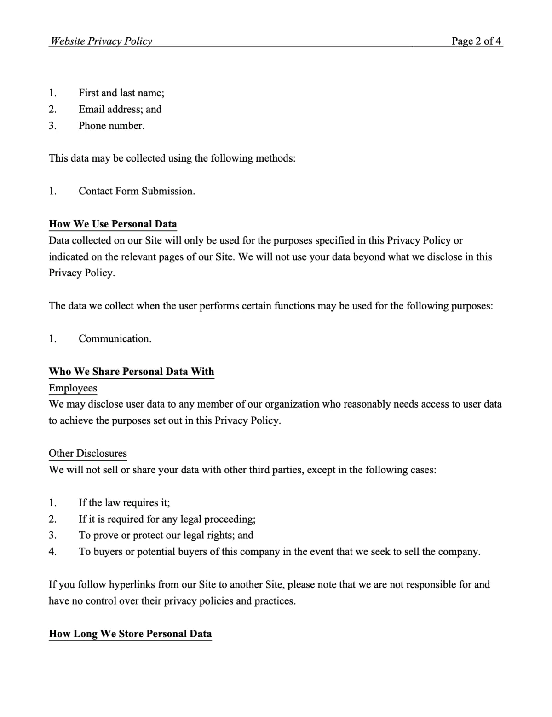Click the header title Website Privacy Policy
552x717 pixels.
coord(101,41)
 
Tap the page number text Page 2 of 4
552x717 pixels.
coord(476,41)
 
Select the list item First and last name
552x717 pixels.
coord(121,93)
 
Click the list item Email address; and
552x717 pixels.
coord(120,109)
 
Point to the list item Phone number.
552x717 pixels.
coord(111,126)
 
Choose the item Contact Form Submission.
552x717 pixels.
coord(137,191)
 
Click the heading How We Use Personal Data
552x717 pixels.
coord(113,224)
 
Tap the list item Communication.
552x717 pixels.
coord(115,339)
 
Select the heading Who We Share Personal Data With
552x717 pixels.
coord(132,372)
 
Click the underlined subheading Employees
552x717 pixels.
coord(73,388)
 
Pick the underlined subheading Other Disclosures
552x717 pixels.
coord(88,454)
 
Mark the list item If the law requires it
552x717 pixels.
coord(124,503)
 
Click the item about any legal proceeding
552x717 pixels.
coord(167,519)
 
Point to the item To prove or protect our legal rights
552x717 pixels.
coord(166,535)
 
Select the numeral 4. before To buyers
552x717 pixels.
coord(53,552)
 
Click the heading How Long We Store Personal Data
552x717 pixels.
coord(130,634)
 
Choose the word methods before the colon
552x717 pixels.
coord(274,158)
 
